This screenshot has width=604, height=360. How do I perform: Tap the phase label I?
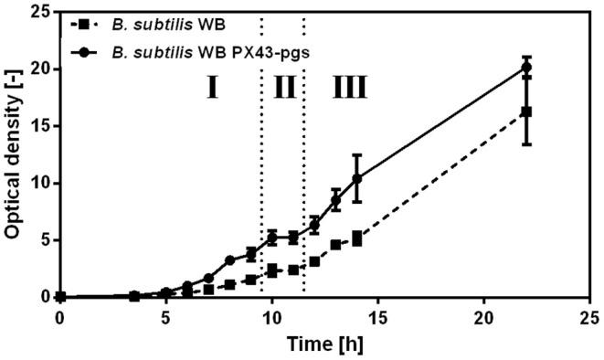(211, 89)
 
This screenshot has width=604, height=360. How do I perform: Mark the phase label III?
(350, 89)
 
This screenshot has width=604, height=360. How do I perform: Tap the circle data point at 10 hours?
(271, 238)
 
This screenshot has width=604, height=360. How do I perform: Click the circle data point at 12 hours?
(314, 225)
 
